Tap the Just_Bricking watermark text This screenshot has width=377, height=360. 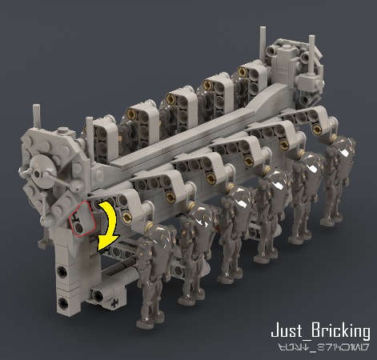tap(319, 330)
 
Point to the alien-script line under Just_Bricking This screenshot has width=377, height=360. tap(319, 348)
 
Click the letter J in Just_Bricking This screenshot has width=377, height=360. tap(275, 330)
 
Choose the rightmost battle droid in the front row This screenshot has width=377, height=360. tap(339, 184)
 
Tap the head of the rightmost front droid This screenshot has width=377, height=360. tap(343, 147)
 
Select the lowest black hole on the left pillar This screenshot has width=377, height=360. tap(61, 302)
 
